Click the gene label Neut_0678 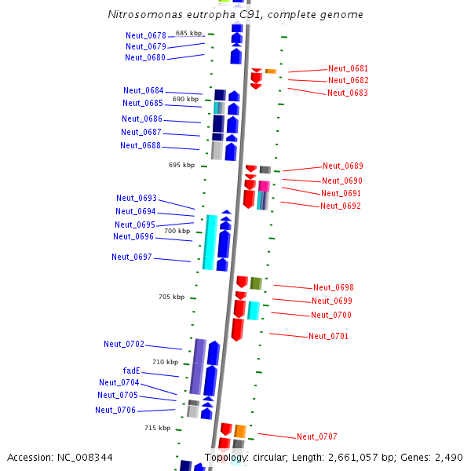click(146, 35)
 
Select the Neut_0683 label click(347, 93)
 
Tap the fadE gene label click(131, 371)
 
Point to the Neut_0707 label click(316, 436)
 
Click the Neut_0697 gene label click(132, 257)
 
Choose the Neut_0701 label click(328, 336)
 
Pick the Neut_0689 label click(342, 166)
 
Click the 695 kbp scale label click(181, 165)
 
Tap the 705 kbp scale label click(171, 297)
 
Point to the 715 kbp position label click(157, 428)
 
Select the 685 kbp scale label click(188, 33)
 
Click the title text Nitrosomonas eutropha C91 click(235, 15)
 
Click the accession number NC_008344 click(60, 457)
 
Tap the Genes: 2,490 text click(436, 457)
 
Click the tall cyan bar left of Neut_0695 click(210, 242)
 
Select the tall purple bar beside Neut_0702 click(198, 366)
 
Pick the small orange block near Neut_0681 click(270, 71)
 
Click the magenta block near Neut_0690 click(264, 186)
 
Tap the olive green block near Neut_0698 click(256, 283)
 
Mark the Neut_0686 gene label click(141, 119)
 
